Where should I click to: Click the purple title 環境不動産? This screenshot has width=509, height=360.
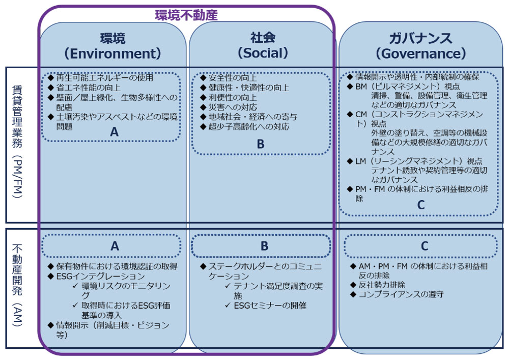pos(186,15)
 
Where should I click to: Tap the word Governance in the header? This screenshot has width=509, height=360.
pos(421,53)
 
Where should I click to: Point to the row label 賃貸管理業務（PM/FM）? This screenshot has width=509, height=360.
pos(17,142)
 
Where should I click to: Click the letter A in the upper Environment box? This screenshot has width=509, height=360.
pos(114,132)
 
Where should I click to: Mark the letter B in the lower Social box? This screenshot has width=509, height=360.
pos(265,246)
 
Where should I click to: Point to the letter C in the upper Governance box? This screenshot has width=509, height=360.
pos(421,205)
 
